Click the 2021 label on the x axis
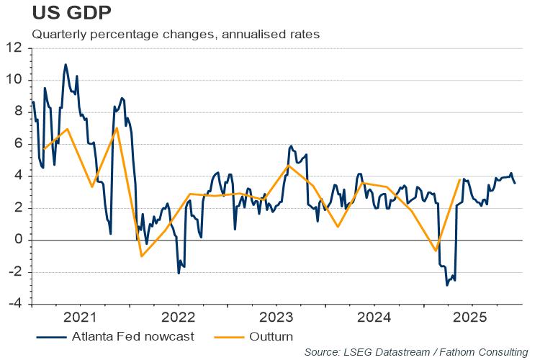click(79, 318)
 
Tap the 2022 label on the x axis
click(178, 318)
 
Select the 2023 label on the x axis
click(276, 318)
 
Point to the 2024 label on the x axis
click(374, 318)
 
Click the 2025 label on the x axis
click(472, 318)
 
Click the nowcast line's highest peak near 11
click(66, 64)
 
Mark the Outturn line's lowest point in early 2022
click(141, 256)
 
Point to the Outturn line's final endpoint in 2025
click(459, 179)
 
